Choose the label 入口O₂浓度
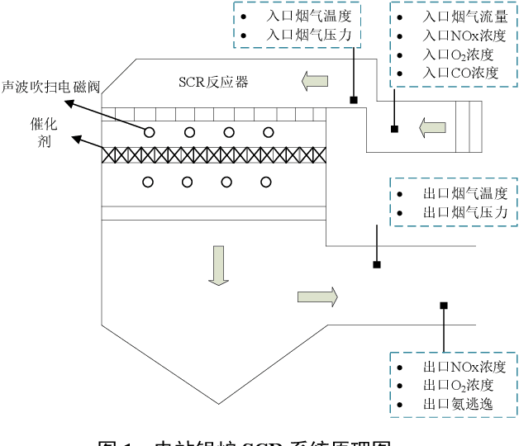(458, 55)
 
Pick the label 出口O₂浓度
(458, 385)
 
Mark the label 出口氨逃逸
(457, 405)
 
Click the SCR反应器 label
(213, 82)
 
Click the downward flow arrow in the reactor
(218, 265)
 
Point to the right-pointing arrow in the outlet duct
(317, 297)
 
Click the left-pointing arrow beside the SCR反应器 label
(314, 81)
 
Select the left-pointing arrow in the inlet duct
(432, 127)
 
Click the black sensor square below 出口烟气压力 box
(377, 264)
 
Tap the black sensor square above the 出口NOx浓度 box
(444, 306)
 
